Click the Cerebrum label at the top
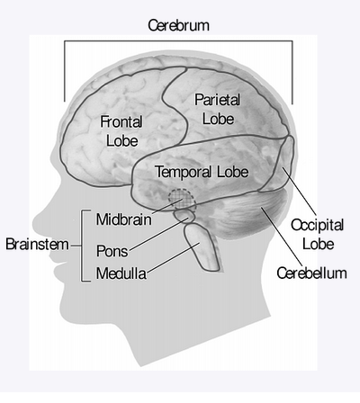[x=178, y=25]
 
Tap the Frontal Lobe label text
[x=121, y=131]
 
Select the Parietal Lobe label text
[x=218, y=109]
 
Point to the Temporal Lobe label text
[x=202, y=172]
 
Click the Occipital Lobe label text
[x=318, y=234]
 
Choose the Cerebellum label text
[x=311, y=273]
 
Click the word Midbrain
[x=123, y=219]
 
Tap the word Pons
[x=112, y=251]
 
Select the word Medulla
[x=121, y=273]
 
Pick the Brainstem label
[x=37, y=244]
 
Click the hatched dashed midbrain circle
[x=182, y=200]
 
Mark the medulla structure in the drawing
[x=202, y=247]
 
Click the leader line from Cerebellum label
[x=282, y=237]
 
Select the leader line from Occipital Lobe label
[x=299, y=192]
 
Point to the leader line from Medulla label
[x=173, y=258]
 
